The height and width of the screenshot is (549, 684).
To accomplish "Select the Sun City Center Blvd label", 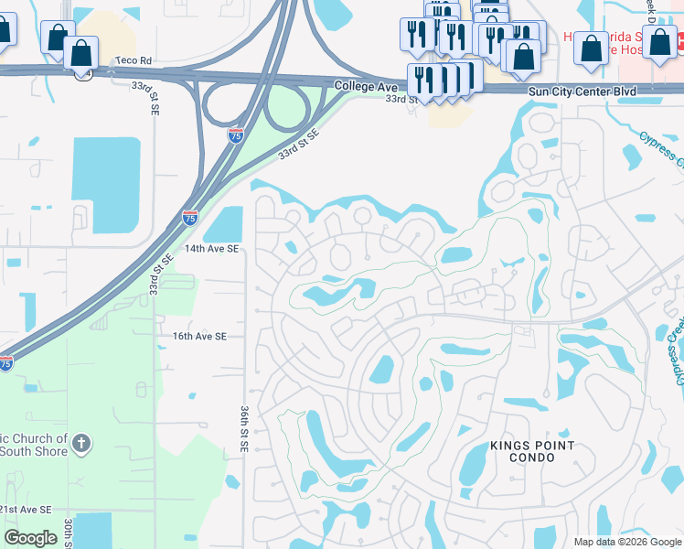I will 581,92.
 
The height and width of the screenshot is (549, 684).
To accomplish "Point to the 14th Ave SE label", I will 212,248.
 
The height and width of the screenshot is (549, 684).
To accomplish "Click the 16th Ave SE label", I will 199,336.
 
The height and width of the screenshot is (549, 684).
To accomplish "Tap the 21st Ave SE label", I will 26,509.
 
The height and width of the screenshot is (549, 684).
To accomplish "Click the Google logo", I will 30,537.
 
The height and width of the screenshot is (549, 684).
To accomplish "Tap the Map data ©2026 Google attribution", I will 626,542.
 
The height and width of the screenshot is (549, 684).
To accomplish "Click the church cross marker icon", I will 81,445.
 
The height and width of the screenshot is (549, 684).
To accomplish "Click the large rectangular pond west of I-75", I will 105,170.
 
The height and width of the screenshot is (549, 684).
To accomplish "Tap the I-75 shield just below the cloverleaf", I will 235,135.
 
